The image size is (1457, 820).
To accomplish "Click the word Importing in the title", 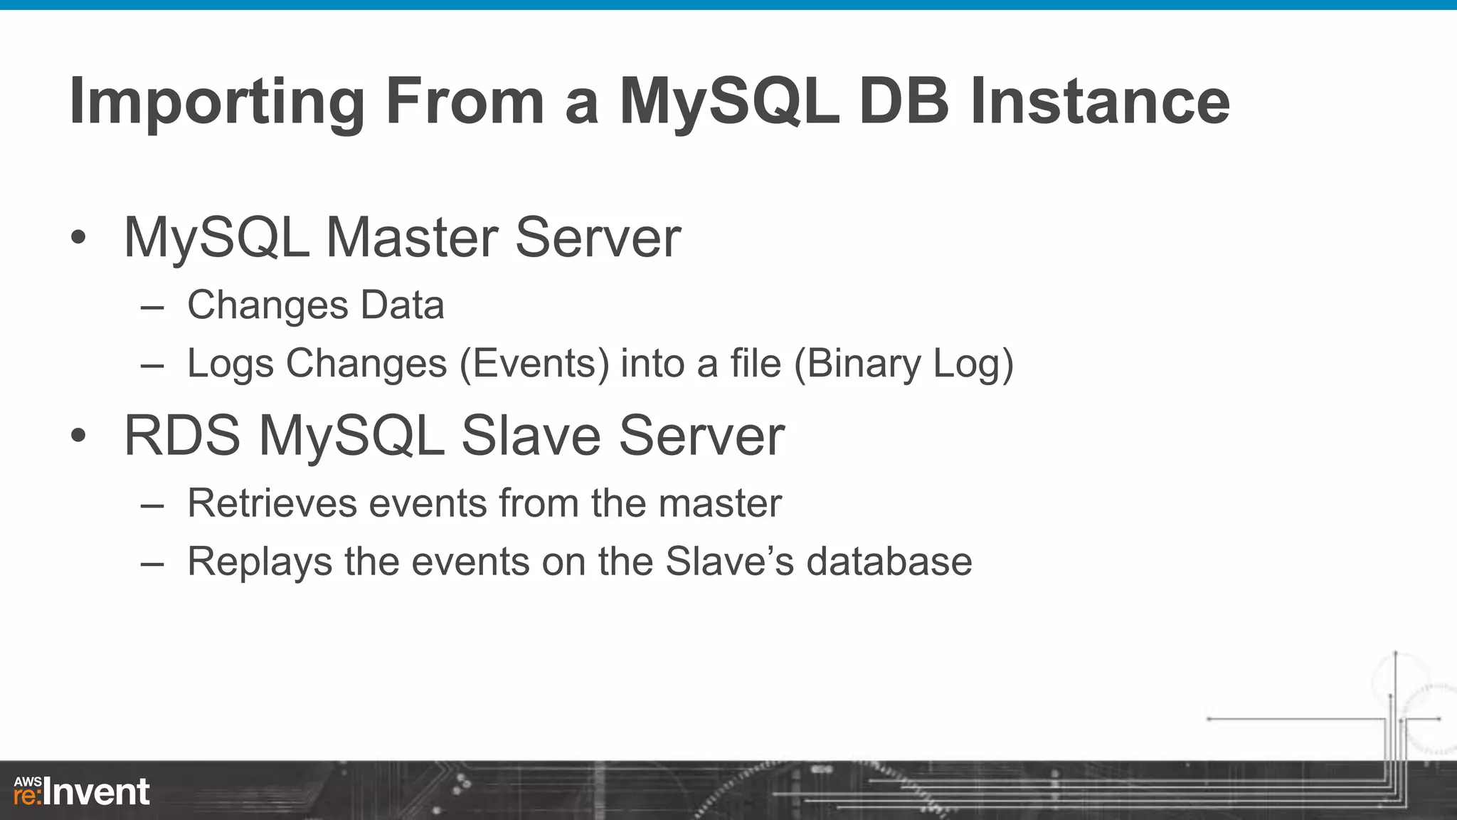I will [217, 103].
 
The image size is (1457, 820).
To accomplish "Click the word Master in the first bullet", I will [411, 238].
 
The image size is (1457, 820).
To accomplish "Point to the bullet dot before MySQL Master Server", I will [78, 238].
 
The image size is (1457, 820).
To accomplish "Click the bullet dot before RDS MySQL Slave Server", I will [78, 436].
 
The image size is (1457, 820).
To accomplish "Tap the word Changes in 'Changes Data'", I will [267, 306].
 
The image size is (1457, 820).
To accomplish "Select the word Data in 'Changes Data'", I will [403, 306].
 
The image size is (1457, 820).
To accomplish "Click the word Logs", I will [231, 364].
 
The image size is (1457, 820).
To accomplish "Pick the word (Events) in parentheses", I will [534, 364].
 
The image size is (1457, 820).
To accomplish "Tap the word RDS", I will [182, 436].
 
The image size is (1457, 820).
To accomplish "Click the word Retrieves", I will [272, 504].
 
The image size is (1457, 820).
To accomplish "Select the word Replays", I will [260, 562].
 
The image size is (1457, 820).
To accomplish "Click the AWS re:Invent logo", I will [82, 792].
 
